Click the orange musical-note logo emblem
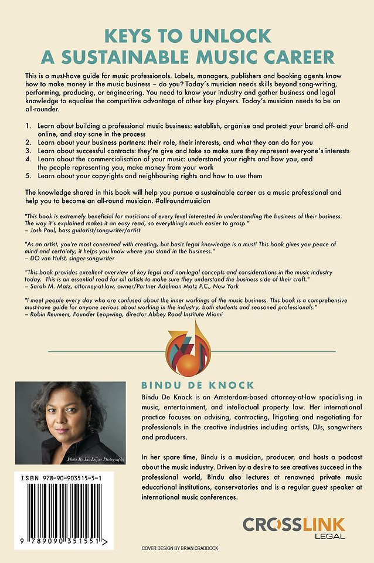click(x=187, y=349)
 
